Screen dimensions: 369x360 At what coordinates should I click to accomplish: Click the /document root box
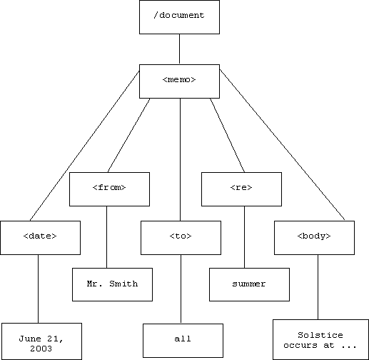(179, 17)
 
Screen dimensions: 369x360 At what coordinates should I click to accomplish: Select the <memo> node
(179, 81)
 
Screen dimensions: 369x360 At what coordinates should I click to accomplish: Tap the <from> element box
(109, 189)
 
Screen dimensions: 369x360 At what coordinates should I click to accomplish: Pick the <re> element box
(241, 189)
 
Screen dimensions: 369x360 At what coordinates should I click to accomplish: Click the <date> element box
(40, 238)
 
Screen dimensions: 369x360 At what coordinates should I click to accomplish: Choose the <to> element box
(181, 238)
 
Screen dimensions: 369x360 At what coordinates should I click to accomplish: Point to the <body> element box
(314, 238)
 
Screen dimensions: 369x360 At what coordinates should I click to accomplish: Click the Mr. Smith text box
(112, 284)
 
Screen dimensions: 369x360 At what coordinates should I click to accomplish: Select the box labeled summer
(249, 284)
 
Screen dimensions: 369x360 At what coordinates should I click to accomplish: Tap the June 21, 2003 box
(41, 341)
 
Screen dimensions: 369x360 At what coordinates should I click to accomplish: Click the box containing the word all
(183, 341)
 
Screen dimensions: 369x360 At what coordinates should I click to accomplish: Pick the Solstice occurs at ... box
(320, 339)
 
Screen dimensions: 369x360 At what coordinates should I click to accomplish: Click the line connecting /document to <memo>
(179, 49)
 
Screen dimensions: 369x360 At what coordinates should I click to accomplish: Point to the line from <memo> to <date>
(85, 146)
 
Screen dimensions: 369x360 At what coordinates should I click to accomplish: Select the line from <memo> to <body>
(282, 144)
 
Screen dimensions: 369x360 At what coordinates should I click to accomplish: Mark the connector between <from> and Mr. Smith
(106, 237)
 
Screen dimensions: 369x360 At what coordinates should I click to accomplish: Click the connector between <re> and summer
(244, 237)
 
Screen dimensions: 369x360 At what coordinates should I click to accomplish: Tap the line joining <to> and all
(181, 289)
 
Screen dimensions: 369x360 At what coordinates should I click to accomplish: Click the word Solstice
(320, 335)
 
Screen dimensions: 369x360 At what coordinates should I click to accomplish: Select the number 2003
(41, 349)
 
